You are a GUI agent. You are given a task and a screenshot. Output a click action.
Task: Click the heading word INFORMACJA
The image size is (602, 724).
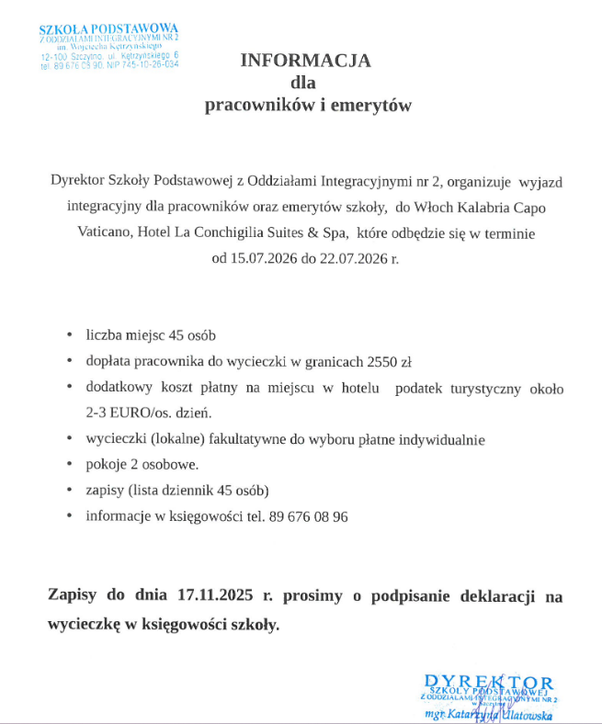click(x=305, y=61)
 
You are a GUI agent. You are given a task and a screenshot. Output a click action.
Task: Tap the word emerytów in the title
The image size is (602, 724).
click(x=371, y=106)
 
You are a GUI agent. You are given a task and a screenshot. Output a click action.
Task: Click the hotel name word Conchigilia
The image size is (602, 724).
click(x=249, y=232)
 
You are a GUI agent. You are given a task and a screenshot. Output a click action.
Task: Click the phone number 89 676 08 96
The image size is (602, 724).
click(x=309, y=516)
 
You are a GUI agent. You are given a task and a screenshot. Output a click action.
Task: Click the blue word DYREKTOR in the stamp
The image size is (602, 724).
click(x=489, y=682)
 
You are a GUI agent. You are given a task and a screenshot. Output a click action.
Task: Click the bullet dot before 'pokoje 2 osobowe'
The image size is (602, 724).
click(x=71, y=465)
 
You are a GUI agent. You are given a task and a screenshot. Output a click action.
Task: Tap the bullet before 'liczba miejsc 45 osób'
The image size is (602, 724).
click(x=71, y=335)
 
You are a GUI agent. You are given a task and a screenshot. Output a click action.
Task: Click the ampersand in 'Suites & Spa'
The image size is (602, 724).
click(x=310, y=232)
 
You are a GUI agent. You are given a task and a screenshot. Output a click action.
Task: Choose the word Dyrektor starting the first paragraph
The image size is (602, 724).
click(x=79, y=181)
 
